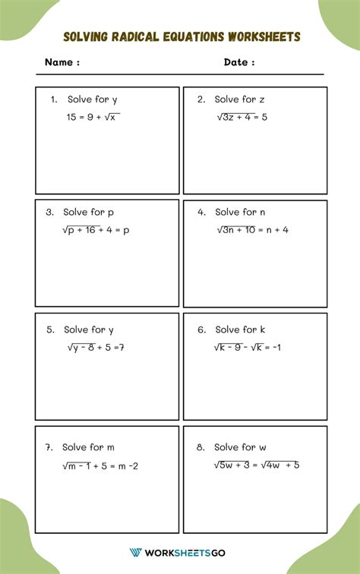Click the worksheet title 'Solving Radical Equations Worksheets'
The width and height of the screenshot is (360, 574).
tap(182, 37)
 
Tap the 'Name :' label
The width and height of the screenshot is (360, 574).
tap(62, 63)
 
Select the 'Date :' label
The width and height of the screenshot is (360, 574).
tap(239, 63)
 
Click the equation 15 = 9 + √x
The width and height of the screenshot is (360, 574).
tap(93, 117)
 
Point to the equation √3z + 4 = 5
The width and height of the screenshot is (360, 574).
tap(242, 117)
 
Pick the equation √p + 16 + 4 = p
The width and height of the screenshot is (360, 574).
tap(96, 229)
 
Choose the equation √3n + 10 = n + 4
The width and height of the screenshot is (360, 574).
tap(252, 229)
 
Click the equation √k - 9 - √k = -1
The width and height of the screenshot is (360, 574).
tap(248, 347)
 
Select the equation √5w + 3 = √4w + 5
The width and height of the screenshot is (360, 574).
tap(256, 465)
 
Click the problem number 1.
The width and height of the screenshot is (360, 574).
tap(54, 99)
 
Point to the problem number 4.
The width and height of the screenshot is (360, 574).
tap(201, 213)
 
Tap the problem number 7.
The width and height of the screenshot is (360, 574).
tap(49, 447)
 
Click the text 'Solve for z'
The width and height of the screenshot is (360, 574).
tap(239, 99)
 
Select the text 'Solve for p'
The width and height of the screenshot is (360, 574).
tap(89, 213)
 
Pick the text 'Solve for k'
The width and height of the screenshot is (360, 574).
tap(241, 330)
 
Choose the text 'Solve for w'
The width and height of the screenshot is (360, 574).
tap(240, 447)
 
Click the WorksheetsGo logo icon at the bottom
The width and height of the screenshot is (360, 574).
tap(137, 552)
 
